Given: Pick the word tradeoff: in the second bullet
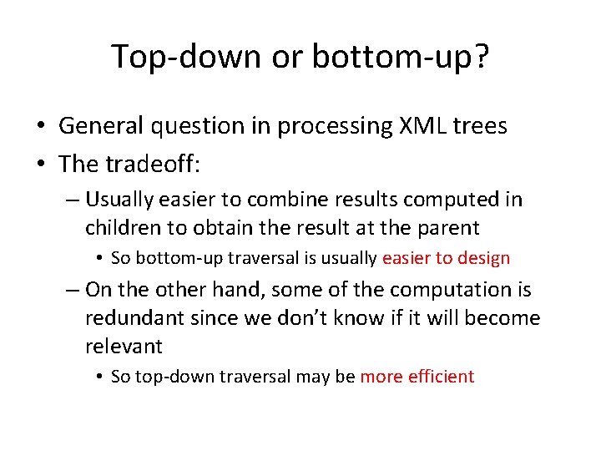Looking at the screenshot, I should point(154,164).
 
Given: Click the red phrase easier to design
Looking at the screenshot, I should point(446,258).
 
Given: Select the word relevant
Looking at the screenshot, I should point(124,346).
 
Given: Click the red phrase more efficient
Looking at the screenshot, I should point(417,377).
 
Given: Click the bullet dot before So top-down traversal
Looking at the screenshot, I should point(99,377).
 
